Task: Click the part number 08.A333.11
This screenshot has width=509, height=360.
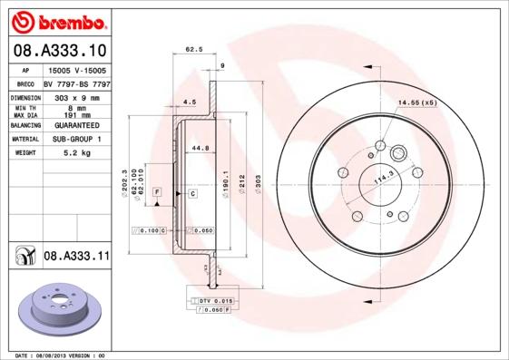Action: coord(76,257)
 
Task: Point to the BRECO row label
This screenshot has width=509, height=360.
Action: coord(25,83)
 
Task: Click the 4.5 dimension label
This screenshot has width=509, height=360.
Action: coord(190,102)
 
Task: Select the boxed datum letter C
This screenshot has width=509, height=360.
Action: coord(193,194)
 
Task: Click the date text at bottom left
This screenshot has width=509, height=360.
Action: coord(62,355)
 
